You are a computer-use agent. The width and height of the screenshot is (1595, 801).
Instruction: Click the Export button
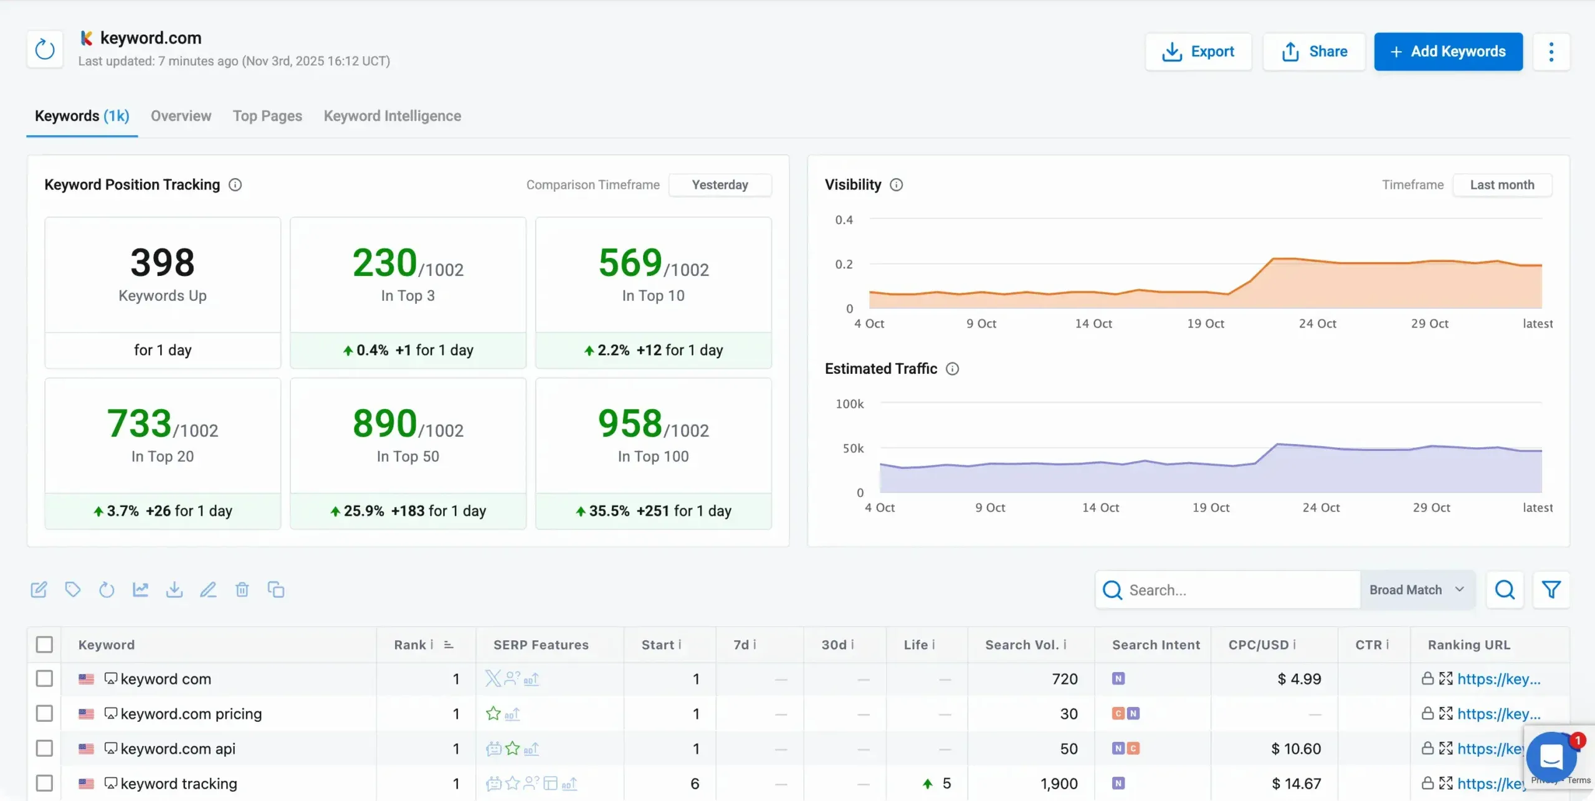click(x=1198, y=52)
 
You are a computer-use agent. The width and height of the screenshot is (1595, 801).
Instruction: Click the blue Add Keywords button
click(x=1448, y=52)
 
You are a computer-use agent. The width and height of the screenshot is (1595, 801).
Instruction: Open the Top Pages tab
click(x=267, y=116)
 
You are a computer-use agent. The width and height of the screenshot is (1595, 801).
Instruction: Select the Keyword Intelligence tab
click(x=392, y=116)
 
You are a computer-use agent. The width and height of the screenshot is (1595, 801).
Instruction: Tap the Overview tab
click(x=181, y=116)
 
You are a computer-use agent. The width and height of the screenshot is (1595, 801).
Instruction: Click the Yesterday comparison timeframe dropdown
click(x=720, y=185)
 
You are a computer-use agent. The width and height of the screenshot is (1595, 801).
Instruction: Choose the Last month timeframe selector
click(x=1502, y=185)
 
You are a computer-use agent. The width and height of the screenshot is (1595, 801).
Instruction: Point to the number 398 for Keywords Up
click(x=163, y=262)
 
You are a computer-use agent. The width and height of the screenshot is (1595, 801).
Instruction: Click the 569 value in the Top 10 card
click(x=630, y=262)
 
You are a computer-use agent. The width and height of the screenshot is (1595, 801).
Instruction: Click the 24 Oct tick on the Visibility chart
click(x=1317, y=324)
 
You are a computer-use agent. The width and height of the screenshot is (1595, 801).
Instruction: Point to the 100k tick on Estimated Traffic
click(x=849, y=404)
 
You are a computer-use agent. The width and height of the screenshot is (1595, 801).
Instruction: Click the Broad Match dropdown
click(x=1416, y=590)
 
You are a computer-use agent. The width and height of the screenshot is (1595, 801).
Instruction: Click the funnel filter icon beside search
click(x=1551, y=589)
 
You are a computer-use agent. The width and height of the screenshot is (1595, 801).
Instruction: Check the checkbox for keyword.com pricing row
click(x=44, y=713)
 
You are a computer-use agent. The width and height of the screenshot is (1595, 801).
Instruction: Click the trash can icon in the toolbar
click(x=242, y=589)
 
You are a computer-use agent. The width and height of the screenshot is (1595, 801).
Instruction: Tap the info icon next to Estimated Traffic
click(x=952, y=369)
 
